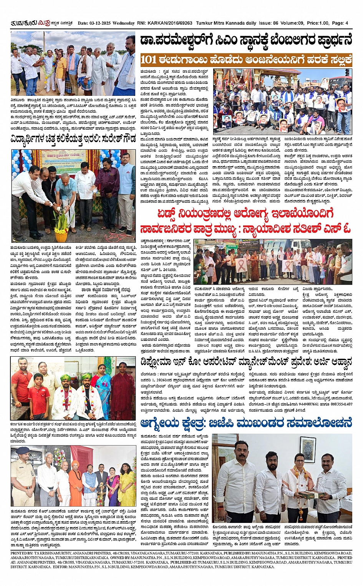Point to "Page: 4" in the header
pyautogui.click(x=340, y=23)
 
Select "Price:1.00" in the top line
pyautogui.click(x=318, y=23)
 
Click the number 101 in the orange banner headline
pyautogui.click(x=149, y=60)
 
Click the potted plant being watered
pyautogui.click(x=61, y=225)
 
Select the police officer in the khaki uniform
pyautogui.click(x=23, y=477)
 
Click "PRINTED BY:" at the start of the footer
pyautogui.click(x=22, y=553)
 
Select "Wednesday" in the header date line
pyautogui.click(x=124, y=23)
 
